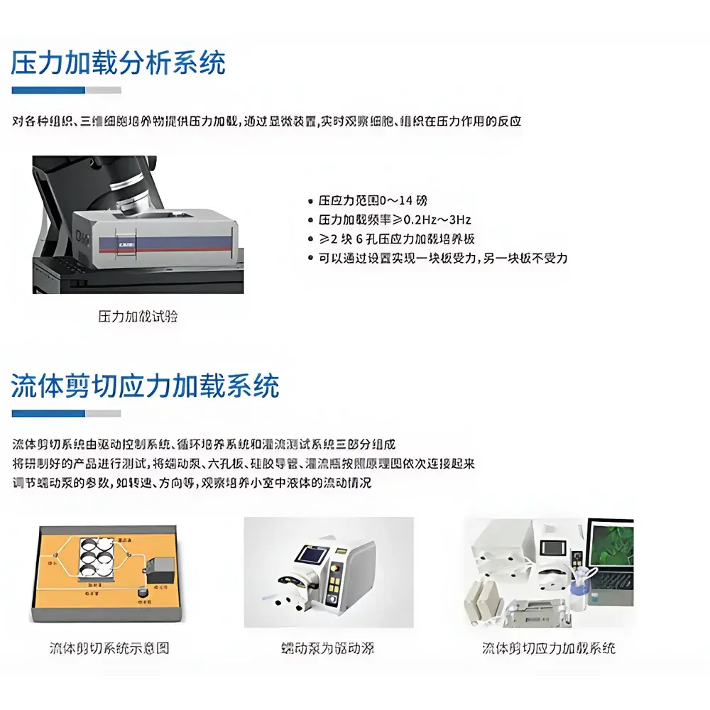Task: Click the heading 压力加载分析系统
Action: click(118, 63)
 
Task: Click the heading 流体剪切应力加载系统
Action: click(145, 386)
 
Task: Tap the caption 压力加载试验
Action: click(138, 317)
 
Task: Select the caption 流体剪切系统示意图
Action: click(109, 648)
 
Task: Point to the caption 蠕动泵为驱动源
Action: click(327, 648)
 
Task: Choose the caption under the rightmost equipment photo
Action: click(549, 648)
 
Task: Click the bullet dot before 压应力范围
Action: click(310, 202)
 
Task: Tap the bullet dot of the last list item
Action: click(310, 258)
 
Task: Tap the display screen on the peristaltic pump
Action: click(315, 555)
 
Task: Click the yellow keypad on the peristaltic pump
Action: click(334, 586)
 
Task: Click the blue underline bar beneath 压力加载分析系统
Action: click(48, 90)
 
